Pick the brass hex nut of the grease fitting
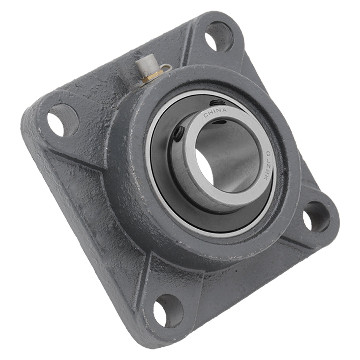point(149,76)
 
